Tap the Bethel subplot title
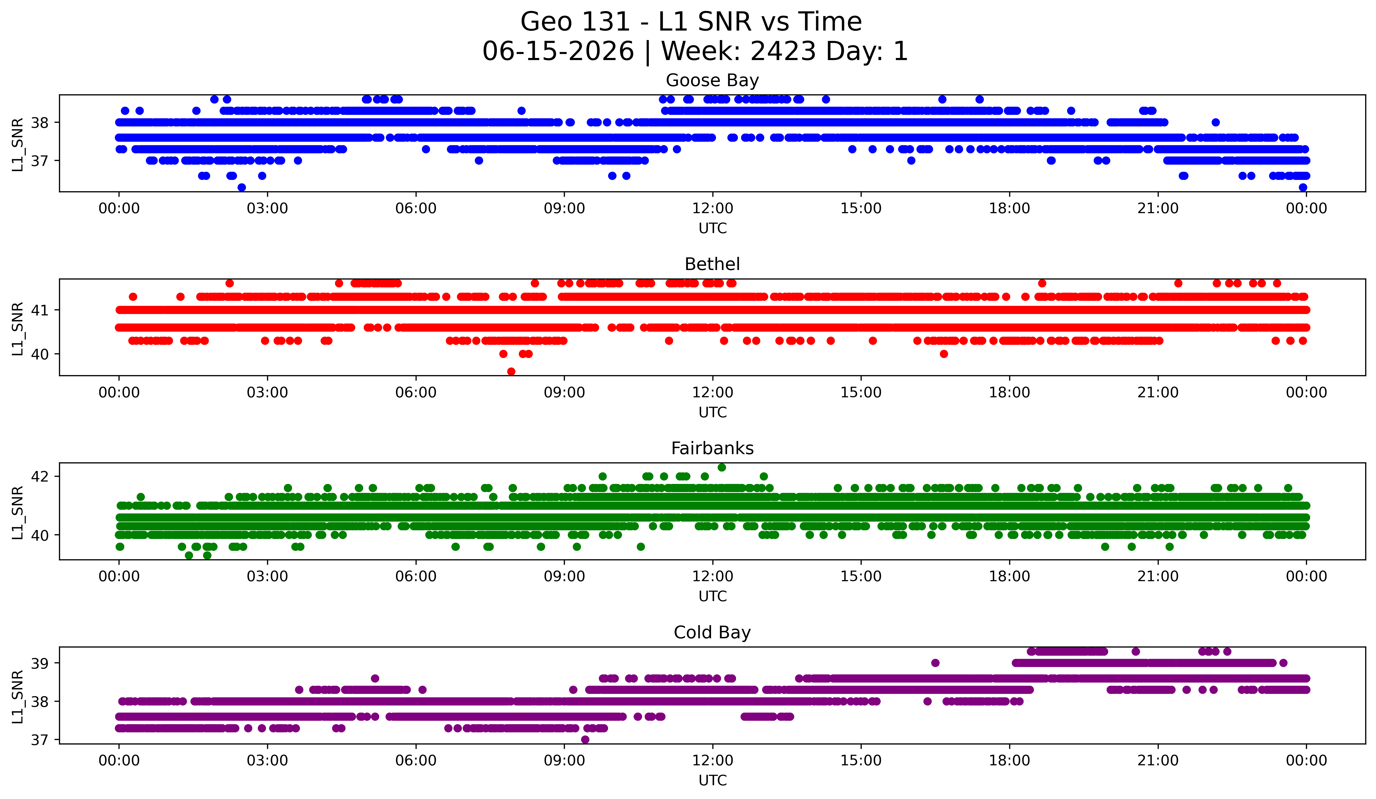[712, 264]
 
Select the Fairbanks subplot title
[712, 448]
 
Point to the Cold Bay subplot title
[712, 633]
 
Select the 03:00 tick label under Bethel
[267, 393]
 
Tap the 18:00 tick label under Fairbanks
[1009, 577]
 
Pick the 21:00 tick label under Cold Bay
[1158, 761]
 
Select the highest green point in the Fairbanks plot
[722, 468]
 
